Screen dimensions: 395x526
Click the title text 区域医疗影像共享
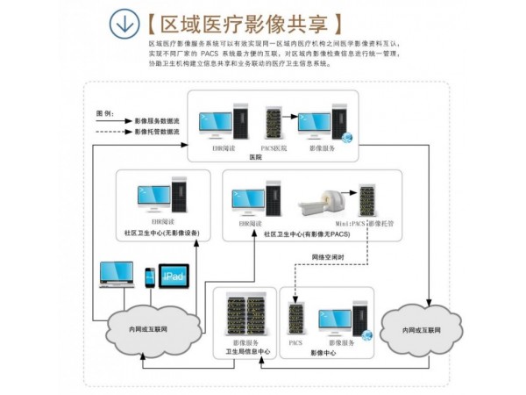click(x=237, y=23)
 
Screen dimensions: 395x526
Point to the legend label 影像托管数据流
click(x=157, y=132)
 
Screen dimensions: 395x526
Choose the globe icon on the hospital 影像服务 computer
click(x=346, y=137)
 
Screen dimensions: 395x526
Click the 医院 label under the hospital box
click(x=256, y=156)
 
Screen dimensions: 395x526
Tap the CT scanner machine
click(x=323, y=204)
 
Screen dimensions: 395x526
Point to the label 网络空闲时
click(x=327, y=256)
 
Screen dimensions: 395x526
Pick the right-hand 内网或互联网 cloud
click(x=420, y=329)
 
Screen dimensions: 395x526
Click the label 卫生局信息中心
click(x=245, y=351)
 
